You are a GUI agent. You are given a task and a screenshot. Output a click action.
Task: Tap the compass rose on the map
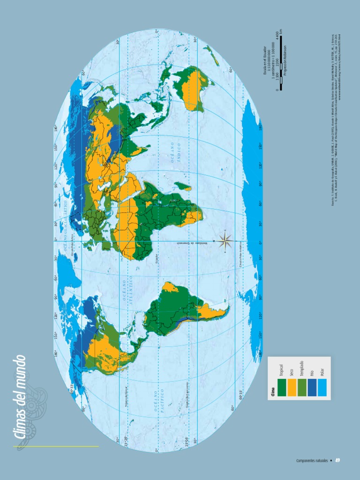(x=225, y=241)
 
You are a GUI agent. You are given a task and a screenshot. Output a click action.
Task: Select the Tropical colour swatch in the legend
(x=281, y=387)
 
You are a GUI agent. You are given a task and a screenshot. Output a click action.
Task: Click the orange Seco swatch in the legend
(x=291, y=387)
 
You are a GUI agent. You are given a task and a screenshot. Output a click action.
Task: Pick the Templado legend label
(x=302, y=370)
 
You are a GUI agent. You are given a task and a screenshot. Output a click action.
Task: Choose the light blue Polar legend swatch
(x=321, y=387)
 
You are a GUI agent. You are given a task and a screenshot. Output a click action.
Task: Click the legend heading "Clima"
(x=272, y=392)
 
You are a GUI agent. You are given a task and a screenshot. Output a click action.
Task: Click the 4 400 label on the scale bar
(x=277, y=36)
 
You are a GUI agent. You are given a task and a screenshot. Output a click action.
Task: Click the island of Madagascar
(x=187, y=187)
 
